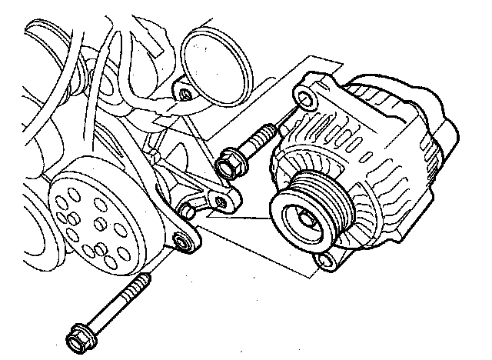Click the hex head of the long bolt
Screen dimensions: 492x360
click(76, 335)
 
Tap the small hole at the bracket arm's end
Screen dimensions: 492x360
click(221, 202)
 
